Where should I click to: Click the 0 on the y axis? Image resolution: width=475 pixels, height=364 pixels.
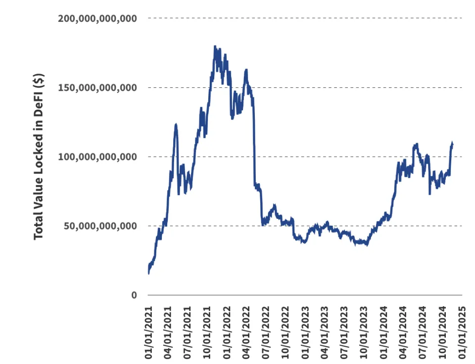pos(133,295)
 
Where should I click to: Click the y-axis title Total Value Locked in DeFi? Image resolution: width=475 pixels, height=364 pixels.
pos(39,157)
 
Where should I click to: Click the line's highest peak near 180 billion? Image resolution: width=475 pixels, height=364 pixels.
pos(215,46)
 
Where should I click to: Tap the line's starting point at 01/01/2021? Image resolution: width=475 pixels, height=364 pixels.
pos(148,273)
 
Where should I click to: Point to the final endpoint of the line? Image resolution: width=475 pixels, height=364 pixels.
pos(452,144)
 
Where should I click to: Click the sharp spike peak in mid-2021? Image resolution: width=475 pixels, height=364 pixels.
pos(176,124)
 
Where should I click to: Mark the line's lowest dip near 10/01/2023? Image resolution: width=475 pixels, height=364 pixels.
pos(366,244)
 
